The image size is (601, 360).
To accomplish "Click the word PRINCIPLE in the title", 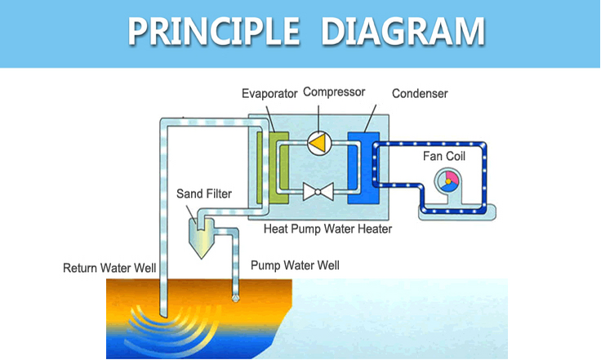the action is pyautogui.click(x=213, y=31).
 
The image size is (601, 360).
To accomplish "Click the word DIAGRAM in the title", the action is pyautogui.click(x=403, y=31).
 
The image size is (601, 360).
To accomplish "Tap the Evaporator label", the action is pyautogui.click(x=269, y=93).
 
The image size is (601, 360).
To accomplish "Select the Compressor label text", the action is pyautogui.click(x=334, y=92).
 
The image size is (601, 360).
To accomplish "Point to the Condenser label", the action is pyautogui.click(x=420, y=93).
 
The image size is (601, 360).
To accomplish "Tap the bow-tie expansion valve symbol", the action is pyautogui.click(x=318, y=192).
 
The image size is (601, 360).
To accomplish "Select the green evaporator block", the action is pyautogui.click(x=273, y=167).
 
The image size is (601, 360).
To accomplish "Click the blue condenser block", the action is pyautogui.click(x=363, y=167).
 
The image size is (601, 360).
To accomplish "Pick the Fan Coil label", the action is pyautogui.click(x=444, y=156).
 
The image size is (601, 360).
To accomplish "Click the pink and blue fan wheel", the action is pyautogui.click(x=447, y=181).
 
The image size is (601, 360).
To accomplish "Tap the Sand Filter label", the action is pyautogui.click(x=204, y=193).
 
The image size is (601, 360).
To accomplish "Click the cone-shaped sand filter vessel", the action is pyautogui.click(x=201, y=238).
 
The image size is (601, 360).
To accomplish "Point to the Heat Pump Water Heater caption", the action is pyautogui.click(x=327, y=229).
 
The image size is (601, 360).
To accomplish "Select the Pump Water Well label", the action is pyautogui.click(x=295, y=265).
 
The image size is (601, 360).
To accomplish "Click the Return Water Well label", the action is pyautogui.click(x=109, y=268).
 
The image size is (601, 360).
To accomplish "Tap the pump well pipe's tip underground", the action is pyautogui.click(x=236, y=300).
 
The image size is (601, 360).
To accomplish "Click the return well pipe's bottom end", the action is pyautogui.click(x=163, y=317).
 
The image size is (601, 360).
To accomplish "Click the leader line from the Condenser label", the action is pyautogui.click(x=370, y=118).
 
